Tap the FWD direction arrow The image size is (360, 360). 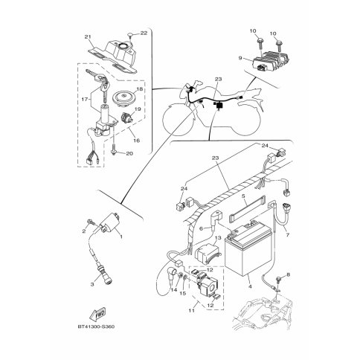pyautogui.click(x=98, y=314)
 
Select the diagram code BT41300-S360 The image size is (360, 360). pyautogui.click(x=96, y=327)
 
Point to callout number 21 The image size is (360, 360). pyautogui.click(x=86, y=37)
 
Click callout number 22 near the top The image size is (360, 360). pyautogui.click(x=144, y=33)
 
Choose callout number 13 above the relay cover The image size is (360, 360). pyautogui.click(x=218, y=238)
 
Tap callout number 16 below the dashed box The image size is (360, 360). pyautogui.click(x=137, y=141)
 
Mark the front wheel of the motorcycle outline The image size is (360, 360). pyautogui.click(x=179, y=120)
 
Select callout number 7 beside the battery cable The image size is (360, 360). pyautogui.click(x=287, y=234)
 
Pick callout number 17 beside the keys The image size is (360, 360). pyautogui.click(x=85, y=100)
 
